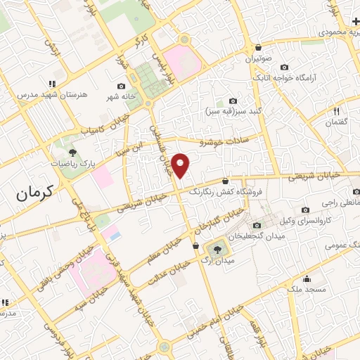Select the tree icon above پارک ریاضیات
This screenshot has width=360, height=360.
click(72, 152)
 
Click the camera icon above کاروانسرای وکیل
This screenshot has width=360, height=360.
click(305, 210)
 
